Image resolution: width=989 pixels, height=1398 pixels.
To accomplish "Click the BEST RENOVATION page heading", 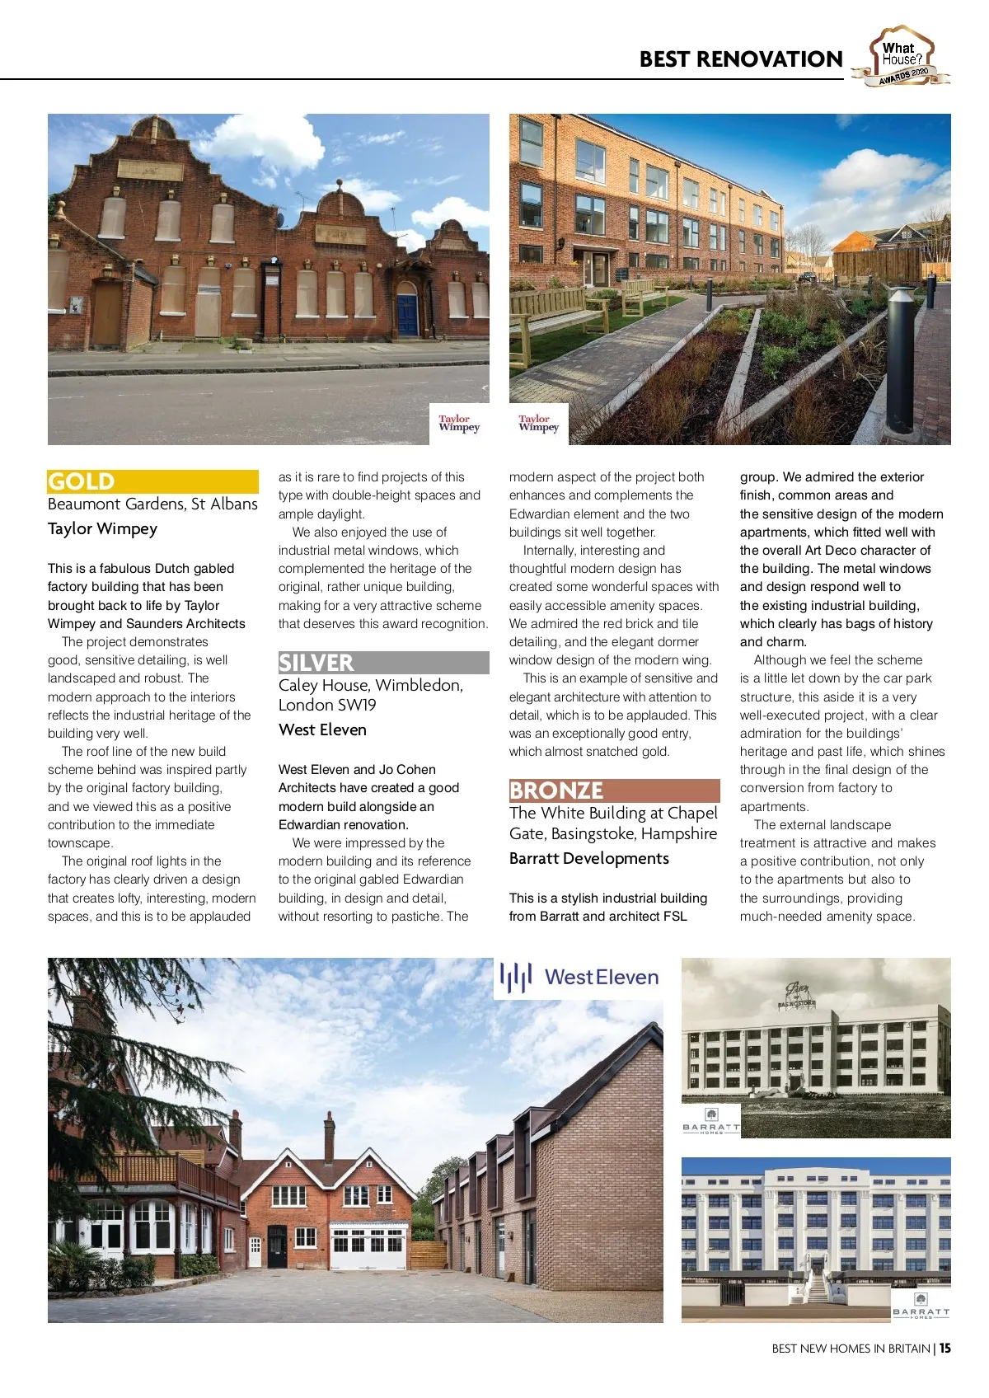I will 740,59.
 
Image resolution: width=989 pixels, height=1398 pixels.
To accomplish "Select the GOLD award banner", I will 152,481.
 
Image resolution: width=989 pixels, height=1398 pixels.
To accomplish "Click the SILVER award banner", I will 383,663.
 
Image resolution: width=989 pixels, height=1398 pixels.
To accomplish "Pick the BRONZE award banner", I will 614,790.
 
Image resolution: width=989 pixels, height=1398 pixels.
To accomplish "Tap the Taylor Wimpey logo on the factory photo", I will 459,424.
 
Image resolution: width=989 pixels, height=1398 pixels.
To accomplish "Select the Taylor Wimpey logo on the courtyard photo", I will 539,424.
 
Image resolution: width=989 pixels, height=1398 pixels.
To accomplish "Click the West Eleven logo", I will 579,978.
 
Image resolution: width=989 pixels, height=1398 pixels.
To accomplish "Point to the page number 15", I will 944,1349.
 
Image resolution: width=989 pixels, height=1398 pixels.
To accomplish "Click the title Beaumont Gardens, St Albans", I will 152,504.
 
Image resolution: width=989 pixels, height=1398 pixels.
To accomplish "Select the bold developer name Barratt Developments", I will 589,858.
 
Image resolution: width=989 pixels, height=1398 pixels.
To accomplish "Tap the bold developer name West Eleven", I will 322,729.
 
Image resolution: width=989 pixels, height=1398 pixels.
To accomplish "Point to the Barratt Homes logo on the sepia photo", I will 711,1123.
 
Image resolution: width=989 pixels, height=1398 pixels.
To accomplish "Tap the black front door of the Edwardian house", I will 277,1246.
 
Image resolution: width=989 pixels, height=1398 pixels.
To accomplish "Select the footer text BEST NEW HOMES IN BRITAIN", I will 851,1349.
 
